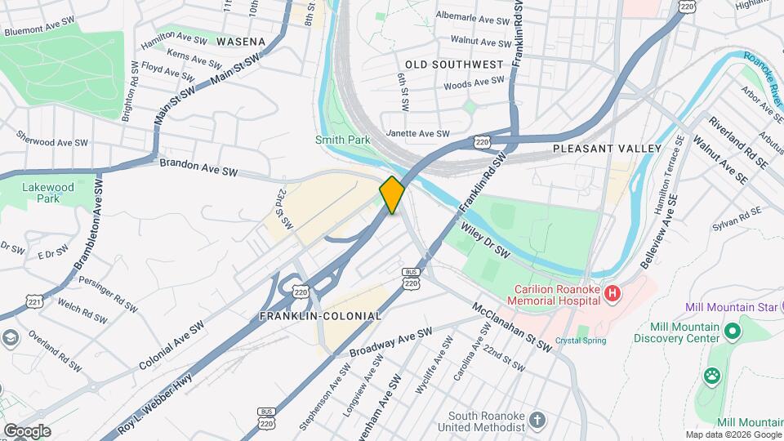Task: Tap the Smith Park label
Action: click(x=342, y=140)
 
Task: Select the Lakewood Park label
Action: click(x=48, y=193)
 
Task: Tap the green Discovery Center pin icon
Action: click(x=732, y=332)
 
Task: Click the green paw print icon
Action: click(x=712, y=376)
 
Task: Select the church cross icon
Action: click(x=537, y=420)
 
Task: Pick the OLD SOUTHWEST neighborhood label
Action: click(x=454, y=64)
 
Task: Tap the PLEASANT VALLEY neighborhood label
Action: click(x=607, y=149)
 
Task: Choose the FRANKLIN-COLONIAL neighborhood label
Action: click(x=320, y=315)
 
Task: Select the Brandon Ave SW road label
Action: click(x=198, y=167)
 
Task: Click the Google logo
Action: click(x=26, y=431)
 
